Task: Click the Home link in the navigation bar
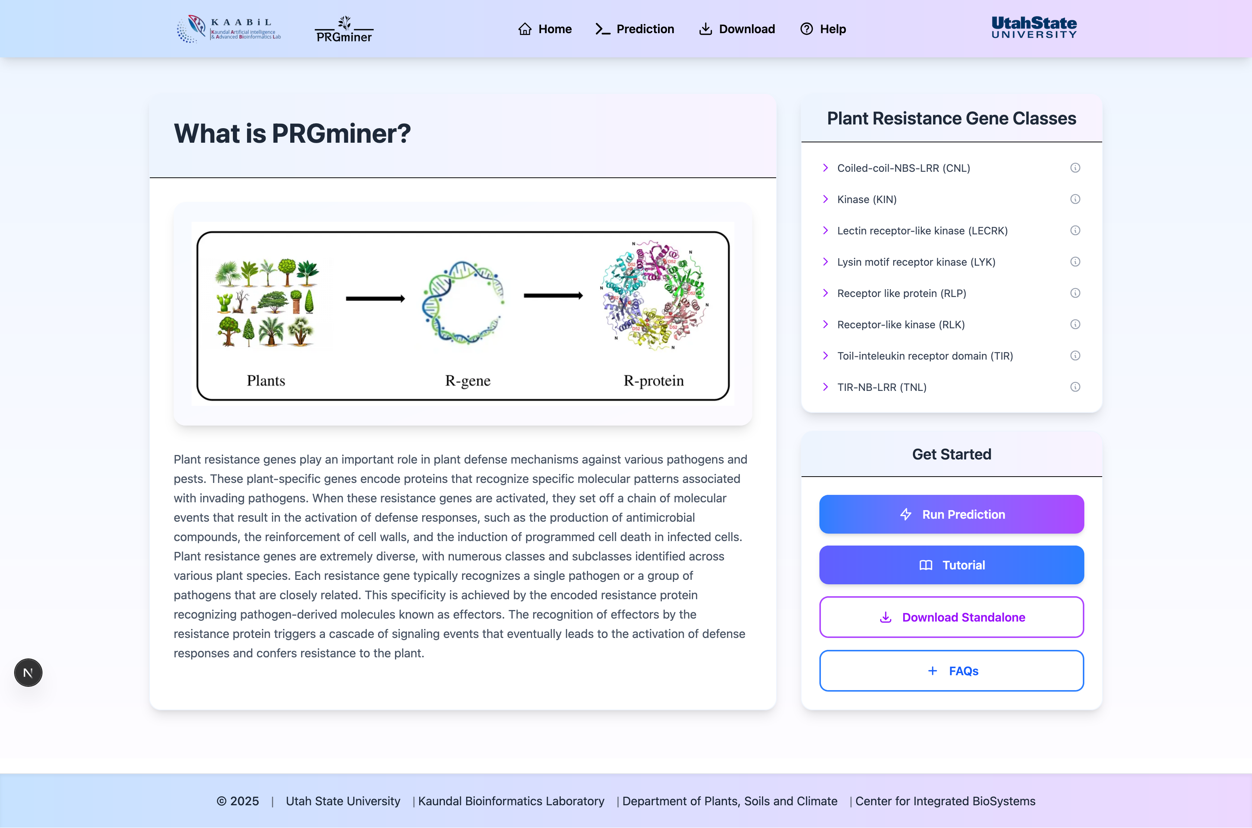(545, 29)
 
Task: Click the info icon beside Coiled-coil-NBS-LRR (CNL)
(1075, 168)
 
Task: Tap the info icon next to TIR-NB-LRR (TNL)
(1075, 387)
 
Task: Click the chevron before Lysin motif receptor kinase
(825, 262)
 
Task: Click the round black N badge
(28, 673)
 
